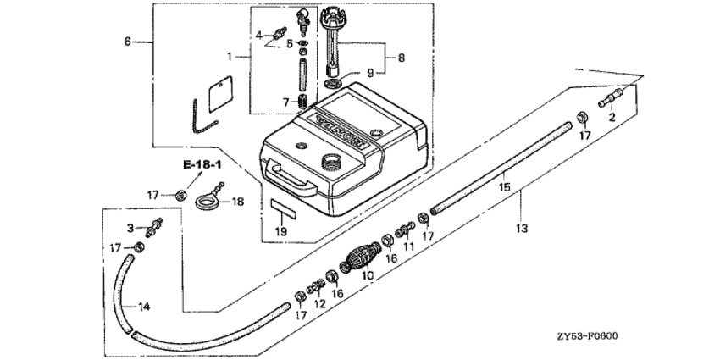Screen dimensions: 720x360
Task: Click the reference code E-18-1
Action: click(202, 165)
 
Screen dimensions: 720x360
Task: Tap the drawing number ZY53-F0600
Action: click(587, 336)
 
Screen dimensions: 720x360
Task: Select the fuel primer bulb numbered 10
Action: click(360, 259)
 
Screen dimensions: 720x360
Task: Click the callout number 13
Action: click(522, 228)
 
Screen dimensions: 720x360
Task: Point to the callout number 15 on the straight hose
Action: click(505, 187)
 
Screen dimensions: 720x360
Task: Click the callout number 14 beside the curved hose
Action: click(144, 307)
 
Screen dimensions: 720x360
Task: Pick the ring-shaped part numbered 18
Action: click(210, 197)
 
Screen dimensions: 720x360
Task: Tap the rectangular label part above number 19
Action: click(283, 208)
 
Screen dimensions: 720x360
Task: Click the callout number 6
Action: click(128, 42)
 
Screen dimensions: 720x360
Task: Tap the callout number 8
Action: click(402, 58)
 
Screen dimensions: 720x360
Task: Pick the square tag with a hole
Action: click(220, 94)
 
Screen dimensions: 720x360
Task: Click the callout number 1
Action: click(230, 57)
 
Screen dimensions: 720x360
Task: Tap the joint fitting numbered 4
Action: click(279, 32)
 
